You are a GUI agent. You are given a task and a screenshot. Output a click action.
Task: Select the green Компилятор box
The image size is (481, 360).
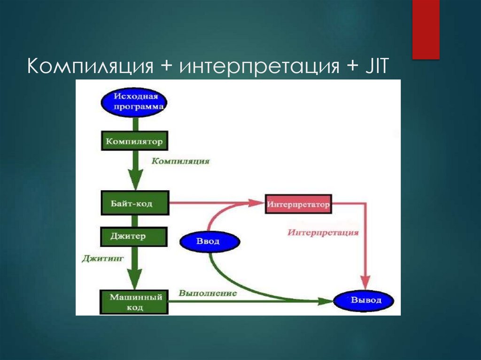134,141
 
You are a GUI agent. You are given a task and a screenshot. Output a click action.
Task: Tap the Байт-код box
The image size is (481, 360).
134,203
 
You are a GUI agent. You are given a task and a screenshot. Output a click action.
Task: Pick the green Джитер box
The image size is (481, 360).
134,237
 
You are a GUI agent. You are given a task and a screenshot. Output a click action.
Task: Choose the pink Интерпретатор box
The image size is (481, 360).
298,205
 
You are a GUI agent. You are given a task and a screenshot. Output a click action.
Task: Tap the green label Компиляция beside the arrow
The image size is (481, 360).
180,161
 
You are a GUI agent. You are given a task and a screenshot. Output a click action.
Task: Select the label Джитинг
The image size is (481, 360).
102,258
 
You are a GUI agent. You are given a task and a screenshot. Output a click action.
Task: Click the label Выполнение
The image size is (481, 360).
207,293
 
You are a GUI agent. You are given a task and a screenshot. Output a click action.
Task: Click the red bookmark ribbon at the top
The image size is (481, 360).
426,29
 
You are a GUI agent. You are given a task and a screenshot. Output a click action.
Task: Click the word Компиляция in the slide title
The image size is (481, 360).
91,66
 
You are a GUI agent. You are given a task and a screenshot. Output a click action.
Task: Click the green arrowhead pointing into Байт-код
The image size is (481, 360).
135,181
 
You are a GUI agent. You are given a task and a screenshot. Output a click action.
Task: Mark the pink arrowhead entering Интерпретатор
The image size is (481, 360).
256,203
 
